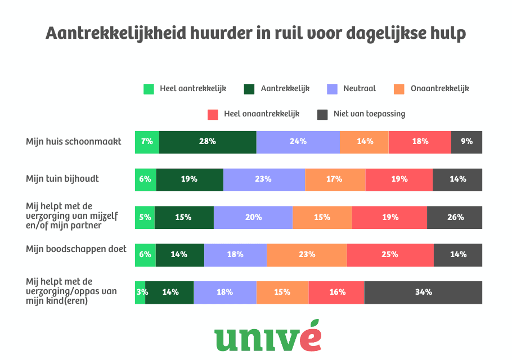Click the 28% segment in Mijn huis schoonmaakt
[207, 142]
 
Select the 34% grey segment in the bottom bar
[423, 292]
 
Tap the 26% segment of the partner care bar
[455, 217]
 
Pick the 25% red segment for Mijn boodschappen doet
[390, 254]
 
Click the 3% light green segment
[140, 292]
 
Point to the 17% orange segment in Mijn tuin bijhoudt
[335, 179]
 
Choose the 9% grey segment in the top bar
[466, 142]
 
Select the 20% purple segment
[253, 217]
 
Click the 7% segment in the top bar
[147, 142]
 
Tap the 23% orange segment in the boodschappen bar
[307, 254]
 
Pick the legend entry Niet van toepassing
[369, 114]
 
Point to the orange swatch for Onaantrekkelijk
[399, 89]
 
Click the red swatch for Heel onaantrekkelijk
[213, 114]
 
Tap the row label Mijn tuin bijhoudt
[62, 179]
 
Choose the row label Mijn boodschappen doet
[76, 249]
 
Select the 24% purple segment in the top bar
[298, 142]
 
